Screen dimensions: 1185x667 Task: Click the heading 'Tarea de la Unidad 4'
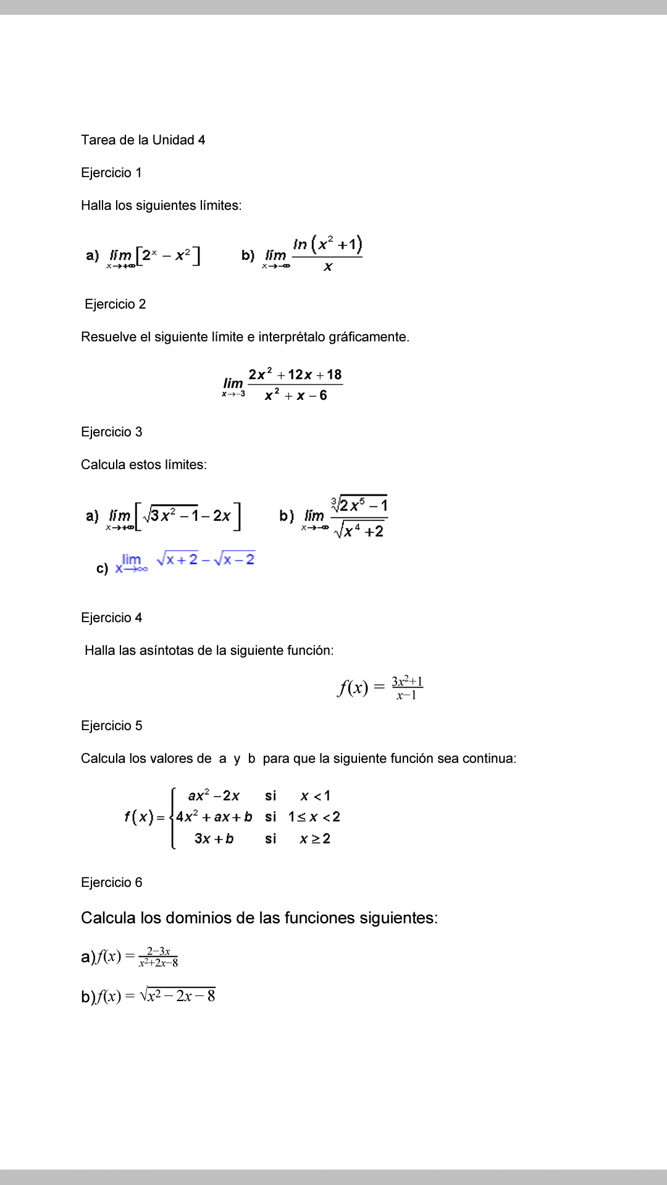[x=143, y=140]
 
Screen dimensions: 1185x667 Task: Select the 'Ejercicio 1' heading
[x=111, y=173]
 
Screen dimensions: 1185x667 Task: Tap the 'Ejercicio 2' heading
[x=115, y=304]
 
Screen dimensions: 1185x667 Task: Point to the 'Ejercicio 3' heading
[x=111, y=432]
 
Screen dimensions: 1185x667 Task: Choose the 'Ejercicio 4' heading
[x=111, y=618]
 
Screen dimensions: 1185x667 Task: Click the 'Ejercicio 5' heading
[x=111, y=726]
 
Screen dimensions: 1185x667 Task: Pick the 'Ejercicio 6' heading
[x=111, y=883]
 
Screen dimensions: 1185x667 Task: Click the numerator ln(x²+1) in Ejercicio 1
[x=327, y=244]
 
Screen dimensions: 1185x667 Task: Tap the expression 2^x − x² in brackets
[x=167, y=255]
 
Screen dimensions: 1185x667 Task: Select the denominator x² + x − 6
[x=295, y=396]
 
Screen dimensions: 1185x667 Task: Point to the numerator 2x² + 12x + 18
[x=295, y=375]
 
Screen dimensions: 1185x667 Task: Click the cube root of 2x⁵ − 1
[x=359, y=505]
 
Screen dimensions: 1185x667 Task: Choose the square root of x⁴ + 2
[x=359, y=530]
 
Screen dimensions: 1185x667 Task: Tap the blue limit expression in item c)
[x=185, y=562]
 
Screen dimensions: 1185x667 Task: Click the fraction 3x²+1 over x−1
[x=407, y=688]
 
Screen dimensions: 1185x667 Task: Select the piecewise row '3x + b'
[x=214, y=839]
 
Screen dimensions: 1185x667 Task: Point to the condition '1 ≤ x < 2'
[x=314, y=817]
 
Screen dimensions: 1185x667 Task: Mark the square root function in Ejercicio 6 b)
[x=177, y=996]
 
